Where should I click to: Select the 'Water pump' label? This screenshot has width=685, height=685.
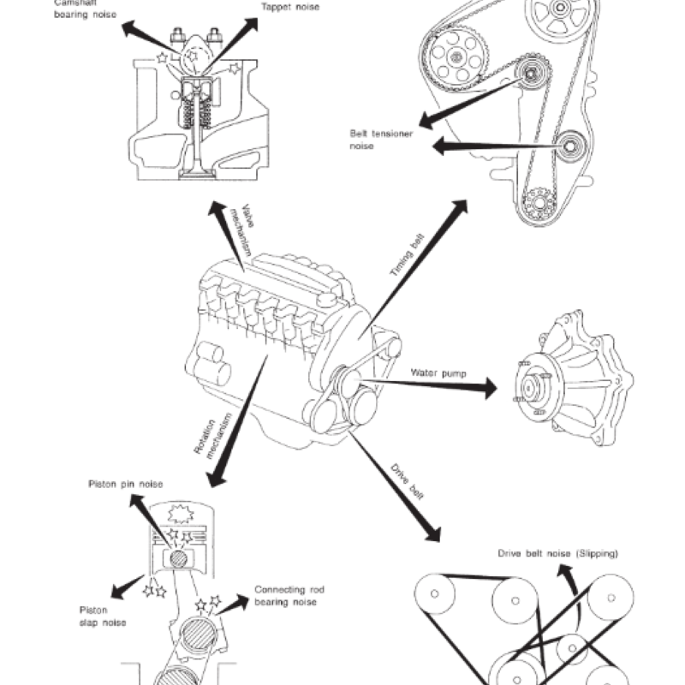pos(437,372)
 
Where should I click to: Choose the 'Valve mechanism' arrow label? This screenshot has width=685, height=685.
pos(242,230)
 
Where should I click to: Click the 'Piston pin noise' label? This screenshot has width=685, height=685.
pos(126,485)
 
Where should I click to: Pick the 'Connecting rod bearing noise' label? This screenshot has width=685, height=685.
pos(286,596)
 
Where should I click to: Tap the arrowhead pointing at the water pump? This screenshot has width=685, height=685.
pos(487,389)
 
